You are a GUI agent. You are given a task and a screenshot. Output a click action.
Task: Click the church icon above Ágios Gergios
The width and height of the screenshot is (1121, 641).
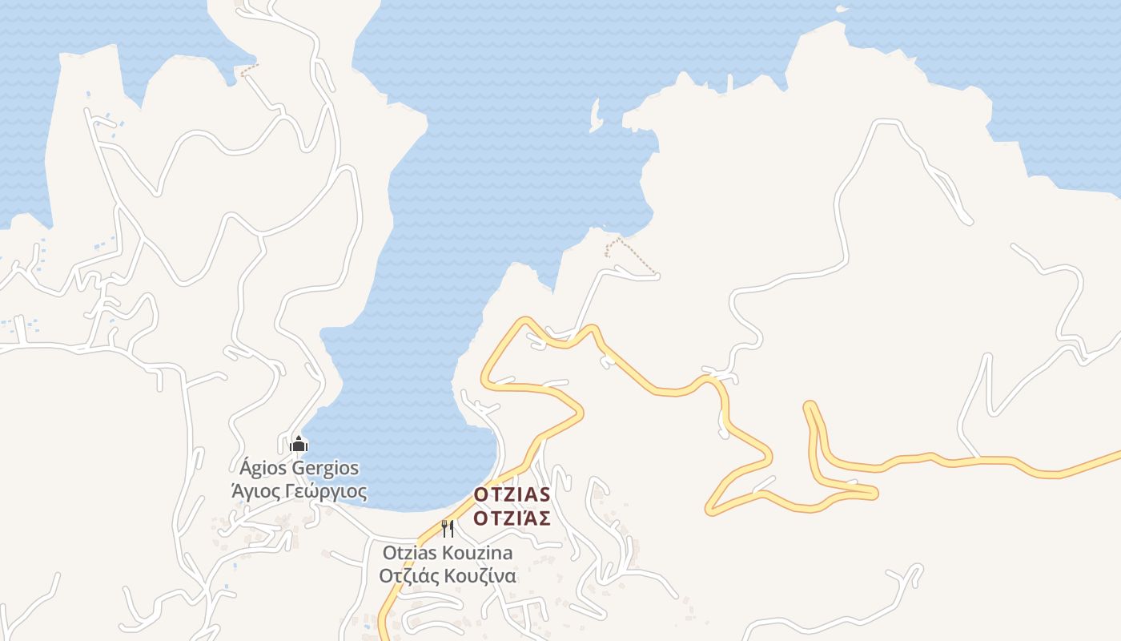pos(299,443)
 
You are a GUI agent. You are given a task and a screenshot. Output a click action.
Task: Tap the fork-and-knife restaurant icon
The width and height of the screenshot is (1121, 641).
pos(448,528)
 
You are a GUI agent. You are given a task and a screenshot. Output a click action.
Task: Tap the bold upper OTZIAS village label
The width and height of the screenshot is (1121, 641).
pos(512,494)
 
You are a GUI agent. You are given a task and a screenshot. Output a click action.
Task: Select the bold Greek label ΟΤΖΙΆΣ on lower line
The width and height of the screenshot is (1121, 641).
pos(512,518)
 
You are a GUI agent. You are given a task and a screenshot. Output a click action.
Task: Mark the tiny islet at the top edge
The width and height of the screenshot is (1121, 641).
pos(841,9)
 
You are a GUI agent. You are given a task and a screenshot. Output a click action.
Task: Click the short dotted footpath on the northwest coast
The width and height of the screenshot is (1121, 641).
pos(248,71)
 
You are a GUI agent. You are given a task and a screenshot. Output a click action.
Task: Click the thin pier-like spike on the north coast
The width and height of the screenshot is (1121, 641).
pos(729,81)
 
